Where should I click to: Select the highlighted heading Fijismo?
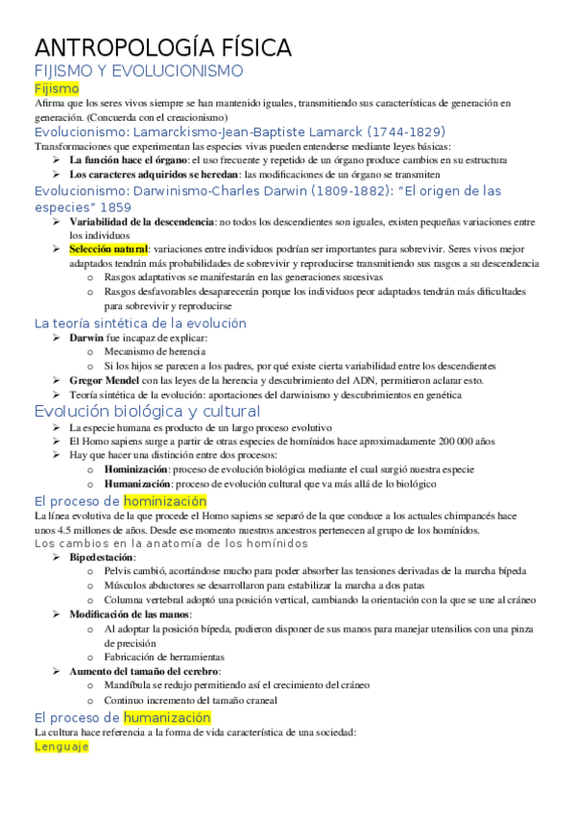(x=57, y=88)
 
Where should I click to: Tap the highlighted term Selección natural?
(x=108, y=249)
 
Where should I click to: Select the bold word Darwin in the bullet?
(x=87, y=338)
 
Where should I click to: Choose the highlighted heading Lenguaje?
(x=61, y=746)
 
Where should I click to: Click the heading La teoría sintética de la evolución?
(x=140, y=323)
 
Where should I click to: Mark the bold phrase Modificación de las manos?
(x=130, y=613)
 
